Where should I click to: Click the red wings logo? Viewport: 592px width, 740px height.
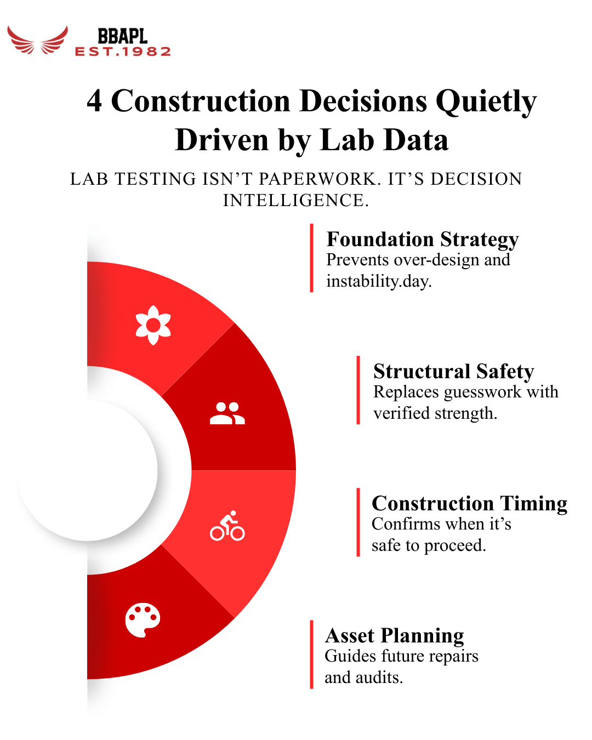37,41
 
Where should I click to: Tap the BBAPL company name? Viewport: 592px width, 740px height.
122,36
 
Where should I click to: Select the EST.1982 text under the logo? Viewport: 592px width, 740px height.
123,52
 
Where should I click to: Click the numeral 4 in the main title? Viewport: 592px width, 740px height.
94,101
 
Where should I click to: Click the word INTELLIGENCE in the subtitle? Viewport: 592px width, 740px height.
295,201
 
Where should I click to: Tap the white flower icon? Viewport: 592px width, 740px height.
153,325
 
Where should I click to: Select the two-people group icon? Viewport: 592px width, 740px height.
227,413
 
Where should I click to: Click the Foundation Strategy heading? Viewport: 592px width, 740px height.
422,240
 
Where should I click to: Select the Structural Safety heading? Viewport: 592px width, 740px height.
453,372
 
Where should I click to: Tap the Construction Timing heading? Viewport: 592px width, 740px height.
469,504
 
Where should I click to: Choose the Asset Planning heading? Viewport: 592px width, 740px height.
394,636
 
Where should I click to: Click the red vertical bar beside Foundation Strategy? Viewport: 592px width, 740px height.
311,258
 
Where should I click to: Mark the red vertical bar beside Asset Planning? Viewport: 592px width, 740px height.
311,654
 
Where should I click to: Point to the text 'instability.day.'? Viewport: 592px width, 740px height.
379,281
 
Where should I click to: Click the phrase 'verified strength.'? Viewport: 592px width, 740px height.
435,413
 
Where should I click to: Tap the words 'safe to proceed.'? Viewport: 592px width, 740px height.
429,545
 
